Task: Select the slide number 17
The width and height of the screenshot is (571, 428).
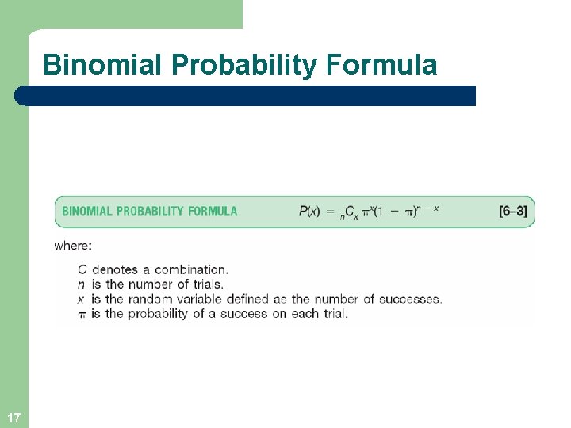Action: pyautogui.click(x=13, y=417)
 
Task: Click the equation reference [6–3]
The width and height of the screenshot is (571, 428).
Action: pyautogui.click(x=512, y=211)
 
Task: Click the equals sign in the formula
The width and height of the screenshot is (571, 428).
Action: pyautogui.click(x=331, y=211)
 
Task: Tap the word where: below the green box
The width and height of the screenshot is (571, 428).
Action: pyautogui.click(x=73, y=246)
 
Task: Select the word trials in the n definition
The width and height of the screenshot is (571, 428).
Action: pyautogui.click(x=205, y=285)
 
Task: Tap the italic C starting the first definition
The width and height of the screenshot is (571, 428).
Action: pyautogui.click(x=82, y=270)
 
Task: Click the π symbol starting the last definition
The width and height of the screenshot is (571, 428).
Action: pyautogui.click(x=82, y=314)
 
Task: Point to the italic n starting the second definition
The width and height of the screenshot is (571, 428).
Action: pyautogui.click(x=82, y=285)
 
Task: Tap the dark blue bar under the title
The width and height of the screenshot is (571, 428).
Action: pyautogui.click(x=246, y=96)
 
